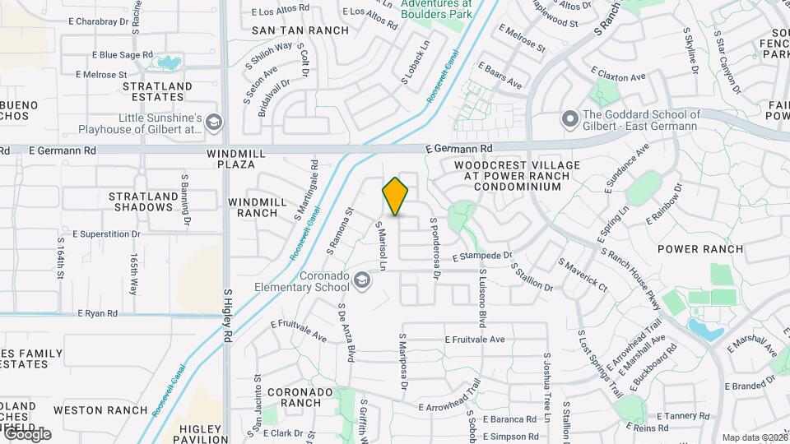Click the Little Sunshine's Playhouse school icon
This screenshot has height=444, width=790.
click(x=214, y=123)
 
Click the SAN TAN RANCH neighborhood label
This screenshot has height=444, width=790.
click(x=300, y=30)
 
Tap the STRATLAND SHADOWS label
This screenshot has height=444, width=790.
click(x=143, y=201)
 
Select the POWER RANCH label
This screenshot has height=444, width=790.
click(x=700, y=249)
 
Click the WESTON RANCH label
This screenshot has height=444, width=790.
click(x=89, y=409)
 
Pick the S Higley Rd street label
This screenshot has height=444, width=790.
click(x=228, y=316)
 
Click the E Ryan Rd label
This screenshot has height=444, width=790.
click(x=97, y=313)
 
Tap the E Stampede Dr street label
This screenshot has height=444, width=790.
click(x=481, y=256)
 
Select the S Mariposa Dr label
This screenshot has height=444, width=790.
click(x=403, y=361)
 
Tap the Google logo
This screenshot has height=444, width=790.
click(x=26, y=434)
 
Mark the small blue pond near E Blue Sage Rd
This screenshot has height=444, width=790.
click(x=170, y=62)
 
